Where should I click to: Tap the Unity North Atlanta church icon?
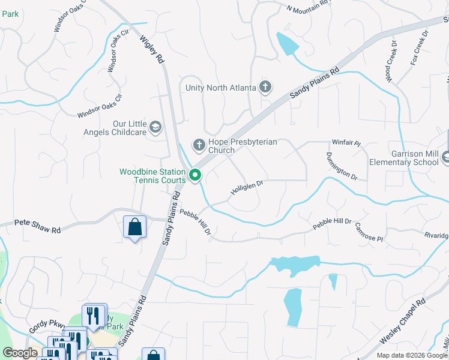(x=265, y=88)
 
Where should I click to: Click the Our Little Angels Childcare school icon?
(x=155, y=127)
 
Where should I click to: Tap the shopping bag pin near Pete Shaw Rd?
(x=134, y=227)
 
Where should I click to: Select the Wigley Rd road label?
(x=152, y=49)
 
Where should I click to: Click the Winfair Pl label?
(x=346, y=143)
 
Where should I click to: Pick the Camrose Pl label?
(x=369, y=235)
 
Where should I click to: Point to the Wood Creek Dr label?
(x=391, y=62)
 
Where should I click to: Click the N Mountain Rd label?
(x=309, y=6)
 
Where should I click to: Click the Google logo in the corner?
(x=20, y=353)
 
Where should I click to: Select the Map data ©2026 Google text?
(x=412, y=355)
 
